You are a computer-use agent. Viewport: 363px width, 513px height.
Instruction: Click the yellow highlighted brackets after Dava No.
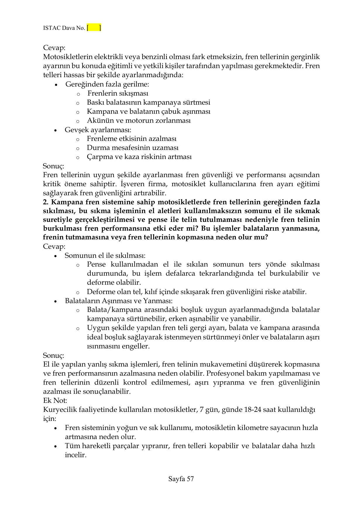point(94,28)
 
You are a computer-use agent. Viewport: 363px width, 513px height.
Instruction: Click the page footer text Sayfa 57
point(181,479)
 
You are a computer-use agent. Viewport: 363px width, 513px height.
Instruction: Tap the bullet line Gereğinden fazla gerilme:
point(107,84)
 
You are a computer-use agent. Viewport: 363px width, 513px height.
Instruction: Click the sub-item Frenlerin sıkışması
point(118,94)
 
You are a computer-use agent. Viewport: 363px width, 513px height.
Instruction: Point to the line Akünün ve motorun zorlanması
point(139,121)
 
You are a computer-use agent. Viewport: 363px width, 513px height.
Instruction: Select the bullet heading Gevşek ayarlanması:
point(98,130)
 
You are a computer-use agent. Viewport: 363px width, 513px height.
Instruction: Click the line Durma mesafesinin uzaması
point(133,148)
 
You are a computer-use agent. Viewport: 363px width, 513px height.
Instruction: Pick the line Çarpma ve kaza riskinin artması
point(139,157)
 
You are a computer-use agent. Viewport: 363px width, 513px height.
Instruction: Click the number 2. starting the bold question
point(45,202)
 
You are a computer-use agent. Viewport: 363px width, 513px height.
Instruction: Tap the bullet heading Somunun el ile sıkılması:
point(105,256)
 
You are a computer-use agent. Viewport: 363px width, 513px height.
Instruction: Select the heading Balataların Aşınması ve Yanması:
point(118,301)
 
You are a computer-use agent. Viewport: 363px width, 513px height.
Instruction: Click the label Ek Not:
point(55,400)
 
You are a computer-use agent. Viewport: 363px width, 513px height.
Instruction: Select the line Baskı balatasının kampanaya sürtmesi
point(148,103)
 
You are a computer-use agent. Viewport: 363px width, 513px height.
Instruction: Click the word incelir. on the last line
point(75,455)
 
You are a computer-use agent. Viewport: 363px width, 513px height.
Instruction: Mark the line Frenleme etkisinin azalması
point(132,139)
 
